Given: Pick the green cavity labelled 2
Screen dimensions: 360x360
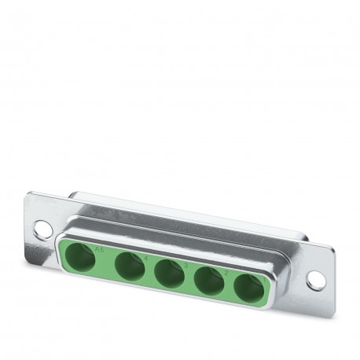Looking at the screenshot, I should pyautogui.click(x=208, y=280).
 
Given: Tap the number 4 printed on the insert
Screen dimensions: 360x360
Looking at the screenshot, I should pyautogui.click(x=147, y=257).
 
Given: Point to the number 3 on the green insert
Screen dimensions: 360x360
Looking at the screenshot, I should pyautogui.click(x=186, y=265).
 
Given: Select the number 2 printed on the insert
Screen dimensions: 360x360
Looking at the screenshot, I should pyautogui.click(x=226, y=272).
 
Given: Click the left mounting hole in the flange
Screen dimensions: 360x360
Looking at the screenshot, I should pyautogui.click(x=42, y=230).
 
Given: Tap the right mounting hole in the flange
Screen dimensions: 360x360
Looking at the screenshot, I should pyautogui.click(x=314, y=279).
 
